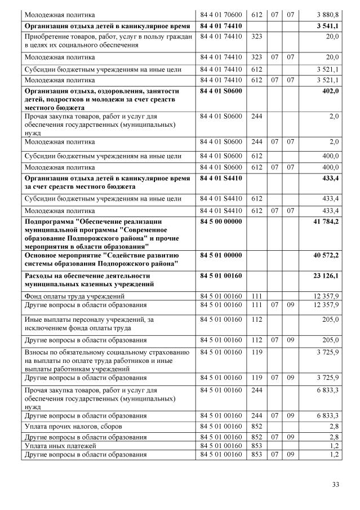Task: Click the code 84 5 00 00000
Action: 221,222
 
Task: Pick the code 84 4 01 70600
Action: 221,14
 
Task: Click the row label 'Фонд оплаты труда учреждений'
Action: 74,296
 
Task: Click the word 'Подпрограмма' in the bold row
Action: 49,222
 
